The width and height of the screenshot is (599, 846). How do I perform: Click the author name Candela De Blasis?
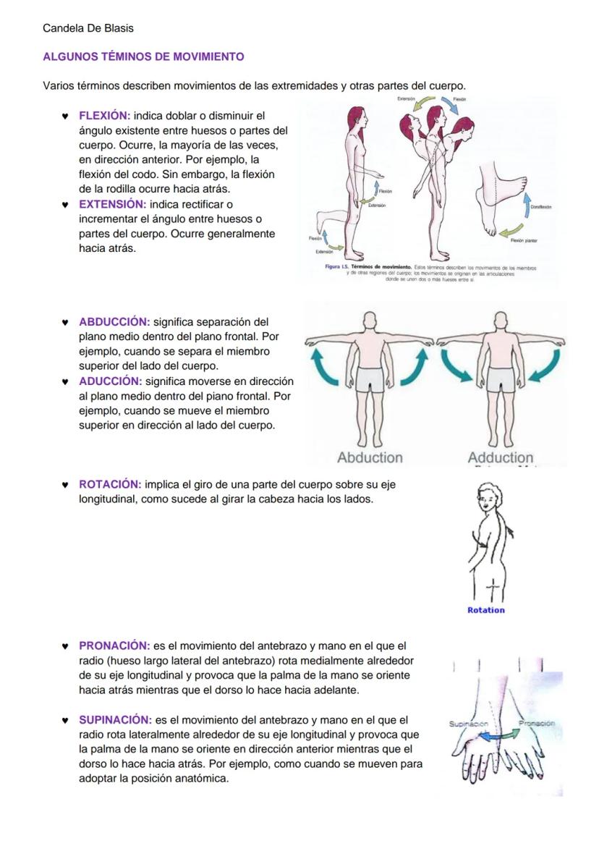click(88, 28)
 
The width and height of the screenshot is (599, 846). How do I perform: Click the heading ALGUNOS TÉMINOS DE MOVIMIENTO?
click(143, 56)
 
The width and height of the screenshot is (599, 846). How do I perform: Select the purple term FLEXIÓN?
click(104, 116)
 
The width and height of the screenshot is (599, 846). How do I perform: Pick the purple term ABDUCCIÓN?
click(114, 322)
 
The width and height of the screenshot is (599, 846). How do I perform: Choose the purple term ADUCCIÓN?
click(109, 381)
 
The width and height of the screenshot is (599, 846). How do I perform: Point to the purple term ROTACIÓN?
click(109, 484)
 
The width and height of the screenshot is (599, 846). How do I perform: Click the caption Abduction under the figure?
click(370, 457)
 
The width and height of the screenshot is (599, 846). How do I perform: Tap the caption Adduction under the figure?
click(500, 457)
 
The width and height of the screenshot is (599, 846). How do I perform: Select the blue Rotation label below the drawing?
click(486, 610)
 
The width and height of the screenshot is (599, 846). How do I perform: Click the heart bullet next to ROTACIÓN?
click(64, 485)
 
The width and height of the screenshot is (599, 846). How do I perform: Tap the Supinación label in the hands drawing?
click(468, 724)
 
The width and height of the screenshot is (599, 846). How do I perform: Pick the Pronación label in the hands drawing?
click(536, 723)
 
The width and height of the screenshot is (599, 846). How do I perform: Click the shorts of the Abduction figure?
click(370, 378)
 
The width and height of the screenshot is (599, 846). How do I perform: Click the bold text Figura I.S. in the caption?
click(337, 267)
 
